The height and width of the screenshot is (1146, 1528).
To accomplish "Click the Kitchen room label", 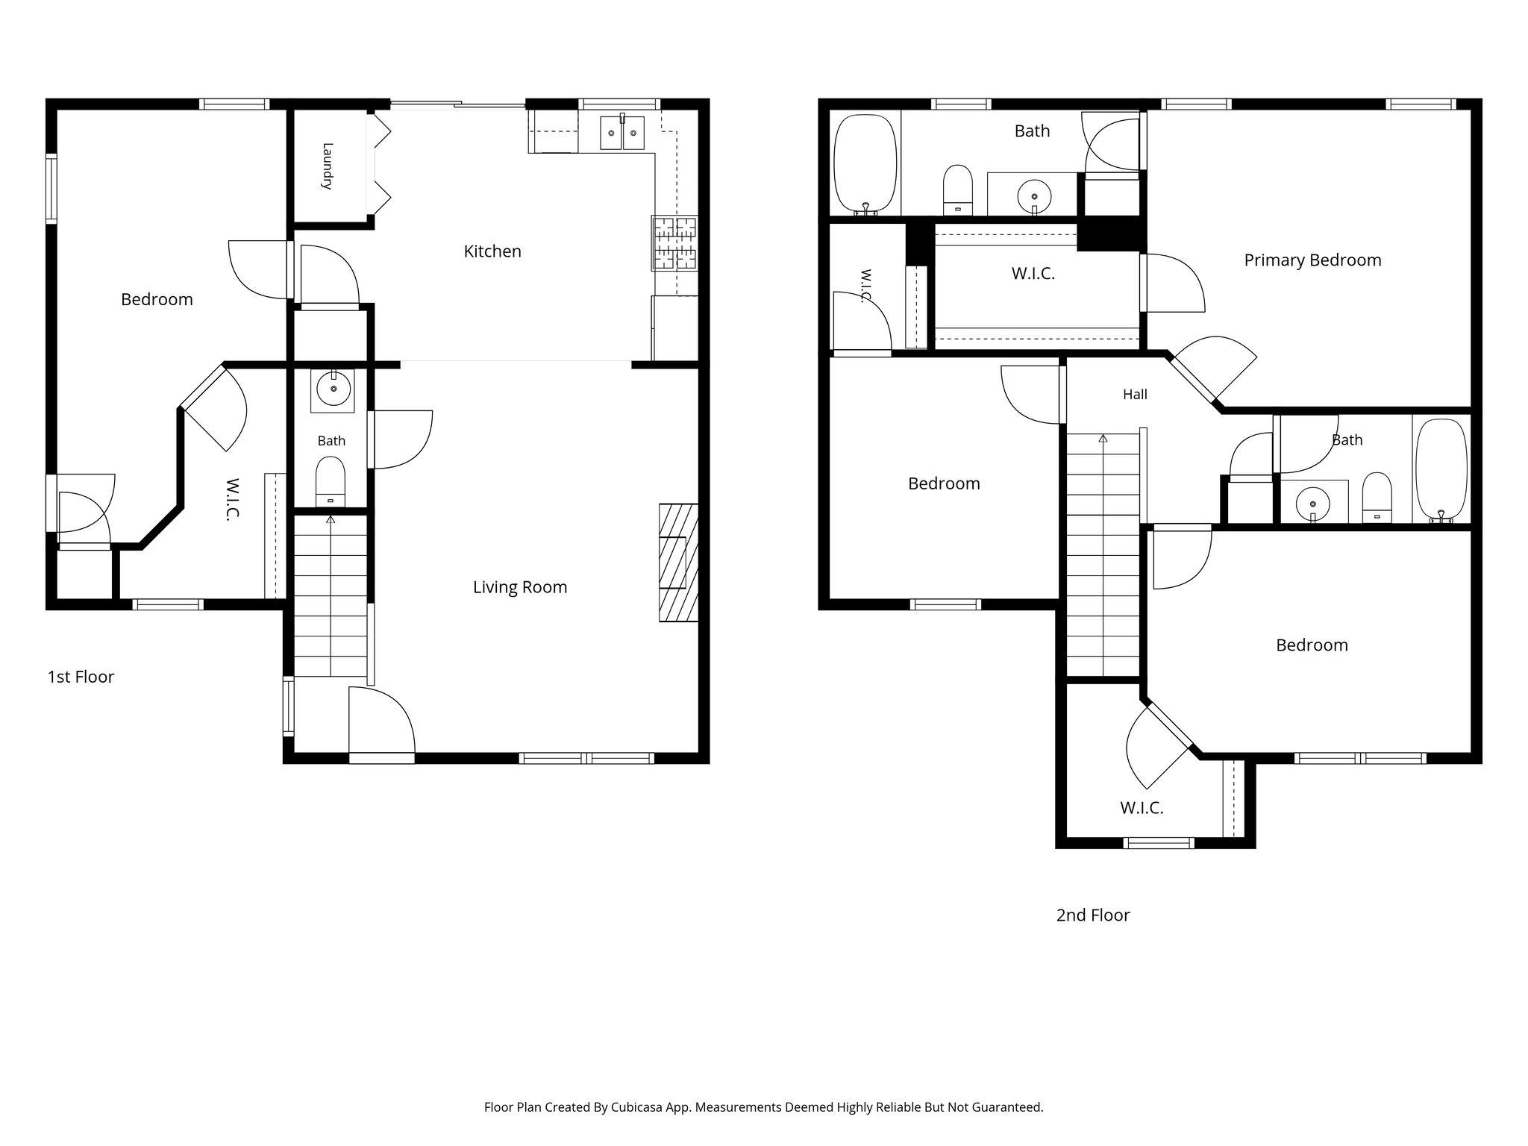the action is click(x=492, y=251).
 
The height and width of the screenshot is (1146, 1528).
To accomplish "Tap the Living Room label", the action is click(x=520, y=587).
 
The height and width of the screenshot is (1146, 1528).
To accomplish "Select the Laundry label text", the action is click(x=327, y=166).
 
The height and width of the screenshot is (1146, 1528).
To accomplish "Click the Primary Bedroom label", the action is click(x=1312, y=260).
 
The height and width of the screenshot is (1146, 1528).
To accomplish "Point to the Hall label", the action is click(x=1135, y=394).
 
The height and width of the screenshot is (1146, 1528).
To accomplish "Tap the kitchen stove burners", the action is click(x=674, y=242).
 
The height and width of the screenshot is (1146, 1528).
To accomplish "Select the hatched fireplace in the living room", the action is click(x=678, y=563).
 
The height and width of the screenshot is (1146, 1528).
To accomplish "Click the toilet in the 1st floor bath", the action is click(x=331, y=482).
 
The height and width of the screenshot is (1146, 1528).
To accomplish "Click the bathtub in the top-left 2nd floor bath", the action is click(x=865, y=165).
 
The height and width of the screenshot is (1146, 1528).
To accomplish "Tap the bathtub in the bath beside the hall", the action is click(x=1441, y=470).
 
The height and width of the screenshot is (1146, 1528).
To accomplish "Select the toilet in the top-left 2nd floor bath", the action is click(x=958, y=190).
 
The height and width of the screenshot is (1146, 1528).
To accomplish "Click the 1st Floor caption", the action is click(x=81, y=677).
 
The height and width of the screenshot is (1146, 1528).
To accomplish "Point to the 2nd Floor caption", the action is click(x=1093, y=915).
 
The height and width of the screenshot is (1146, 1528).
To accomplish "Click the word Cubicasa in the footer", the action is click(x=638, y=1107).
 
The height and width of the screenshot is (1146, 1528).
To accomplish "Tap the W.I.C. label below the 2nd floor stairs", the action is click(x=1142, y=807).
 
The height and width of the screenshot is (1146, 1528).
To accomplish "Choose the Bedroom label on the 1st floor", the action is click(x=157, y=299).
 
